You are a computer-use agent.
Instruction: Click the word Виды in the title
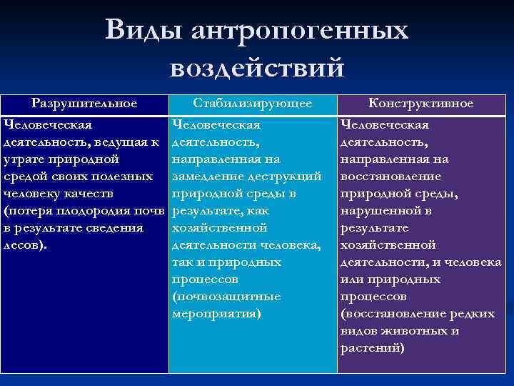[x=141, y=30]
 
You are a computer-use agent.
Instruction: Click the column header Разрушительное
[x=85, y=104]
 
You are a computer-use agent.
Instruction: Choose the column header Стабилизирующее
[x=253, y=104]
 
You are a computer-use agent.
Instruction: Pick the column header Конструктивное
[x=420, y=104]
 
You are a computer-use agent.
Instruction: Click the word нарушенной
[x=378, y=211]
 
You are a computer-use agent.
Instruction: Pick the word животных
[x=410, y=331]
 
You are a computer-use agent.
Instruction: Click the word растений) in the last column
[x=373, y=348]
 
